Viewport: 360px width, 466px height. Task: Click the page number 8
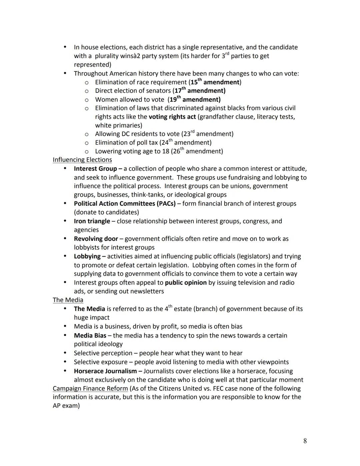tap(305, 441)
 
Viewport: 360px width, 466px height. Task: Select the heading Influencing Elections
tap(82, 160)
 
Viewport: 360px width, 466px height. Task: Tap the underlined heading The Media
tap(68, 300)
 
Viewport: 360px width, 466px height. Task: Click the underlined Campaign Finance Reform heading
tap(90, 389)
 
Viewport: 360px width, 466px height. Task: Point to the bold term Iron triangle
tap(92, 221)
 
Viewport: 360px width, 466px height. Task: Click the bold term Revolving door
tap(96, 239)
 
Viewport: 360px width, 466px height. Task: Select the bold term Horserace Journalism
tap(105, 371)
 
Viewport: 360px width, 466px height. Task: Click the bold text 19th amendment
tap(195, 99)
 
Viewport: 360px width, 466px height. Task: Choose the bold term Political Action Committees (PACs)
tap(125, 203)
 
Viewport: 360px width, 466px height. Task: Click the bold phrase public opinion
tap(186, 283)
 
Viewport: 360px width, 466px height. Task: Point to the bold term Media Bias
tap(90, 335)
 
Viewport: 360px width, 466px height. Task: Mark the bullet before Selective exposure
tap(65, 362)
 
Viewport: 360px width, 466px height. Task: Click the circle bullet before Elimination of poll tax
tap(86, 143)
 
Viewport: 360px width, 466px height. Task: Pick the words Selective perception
tap(103, 353)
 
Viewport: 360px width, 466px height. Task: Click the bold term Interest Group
tap(95, 169)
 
